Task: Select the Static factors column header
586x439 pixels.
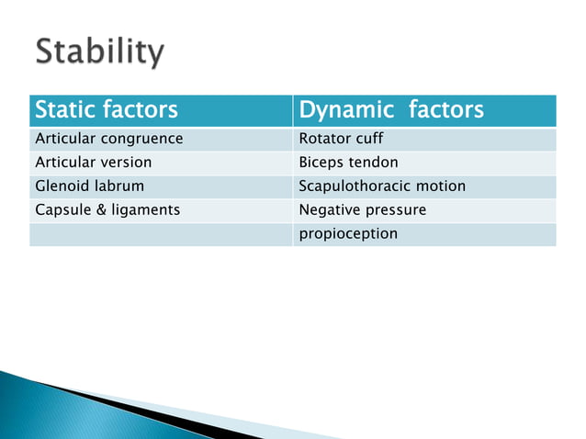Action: tap(106, 111)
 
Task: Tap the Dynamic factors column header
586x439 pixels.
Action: tap(391, 111)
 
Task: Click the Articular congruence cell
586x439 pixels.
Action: tap(108, 140)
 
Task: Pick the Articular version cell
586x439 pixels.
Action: tap(93, 163)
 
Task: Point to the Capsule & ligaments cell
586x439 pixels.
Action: tap(107, 210)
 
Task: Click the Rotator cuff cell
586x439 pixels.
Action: tap(341, 140)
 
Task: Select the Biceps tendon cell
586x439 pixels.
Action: tap(348, 163)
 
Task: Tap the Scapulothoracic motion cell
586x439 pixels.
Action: tap(382, 186)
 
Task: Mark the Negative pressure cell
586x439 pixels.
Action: tap(362, 210)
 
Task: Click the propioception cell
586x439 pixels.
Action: tap(348, 234)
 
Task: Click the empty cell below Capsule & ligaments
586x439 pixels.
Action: tap(161, 234)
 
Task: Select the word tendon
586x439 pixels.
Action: tap(372, 163)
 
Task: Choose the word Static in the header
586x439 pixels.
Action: tap(64, 111)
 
